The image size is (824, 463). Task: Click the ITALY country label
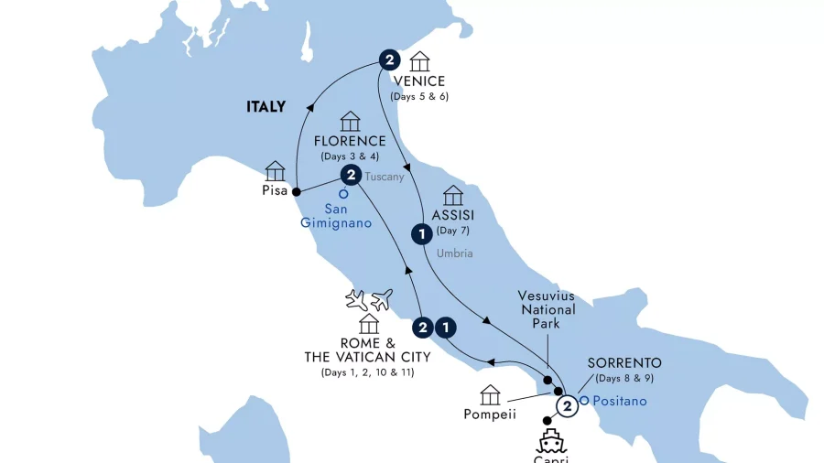tap(266, 107)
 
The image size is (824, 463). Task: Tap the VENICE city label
tap(419, 81)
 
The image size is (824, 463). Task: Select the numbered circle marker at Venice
tap(389, 61)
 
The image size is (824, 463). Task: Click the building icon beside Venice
tap(419, 61)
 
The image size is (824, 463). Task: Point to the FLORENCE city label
tap(350, 142)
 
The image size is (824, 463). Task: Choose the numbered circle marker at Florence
tap(349, 175)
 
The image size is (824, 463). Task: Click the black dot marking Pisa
tap(296, 191)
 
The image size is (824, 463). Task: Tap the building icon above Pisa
tap(275, 171)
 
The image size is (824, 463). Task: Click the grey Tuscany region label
tap(385, 178)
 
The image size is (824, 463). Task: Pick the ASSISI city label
tap(455, 216)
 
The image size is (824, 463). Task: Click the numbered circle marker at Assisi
tap(421, 234)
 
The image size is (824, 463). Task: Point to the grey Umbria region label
tap(455, 253)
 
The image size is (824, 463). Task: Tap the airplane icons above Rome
tap(369, 299)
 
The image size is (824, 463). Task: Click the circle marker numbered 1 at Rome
tap(446, 326)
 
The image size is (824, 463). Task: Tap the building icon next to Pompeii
tap(491, 395)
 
